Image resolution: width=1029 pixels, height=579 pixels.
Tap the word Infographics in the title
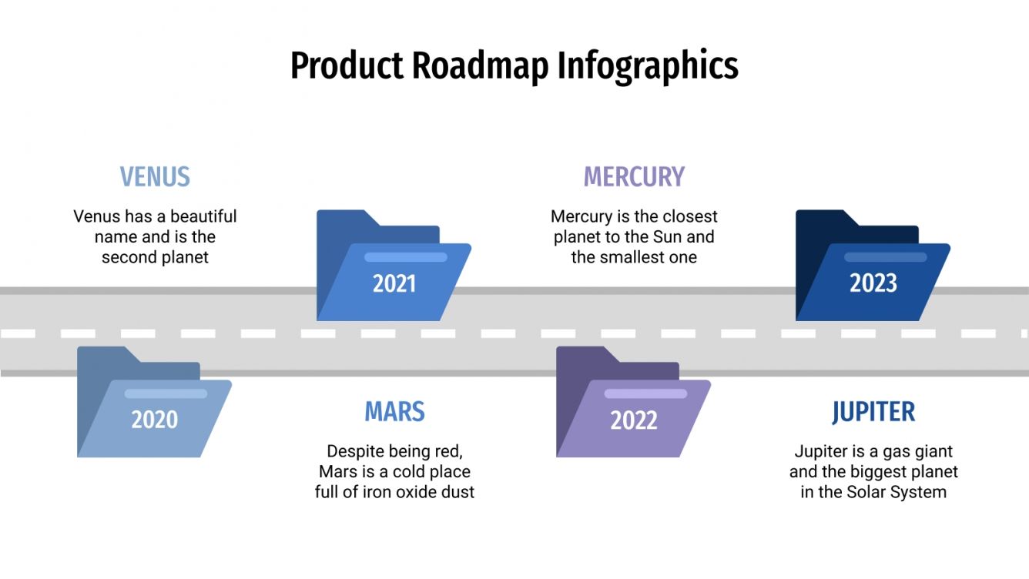[648, 65]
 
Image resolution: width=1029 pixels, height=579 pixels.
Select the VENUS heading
[155, 177]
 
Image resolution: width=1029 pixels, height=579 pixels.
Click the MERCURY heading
[634, 177]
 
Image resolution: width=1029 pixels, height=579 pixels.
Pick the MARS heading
[394, 412]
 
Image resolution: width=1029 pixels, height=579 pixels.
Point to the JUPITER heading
[873, 412]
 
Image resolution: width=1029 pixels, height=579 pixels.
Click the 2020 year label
[154, 420]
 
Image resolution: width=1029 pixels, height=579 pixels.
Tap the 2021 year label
[394, 284]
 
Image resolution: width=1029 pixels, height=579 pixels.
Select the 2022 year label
[634, 420]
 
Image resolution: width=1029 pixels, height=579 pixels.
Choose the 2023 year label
[873, 284]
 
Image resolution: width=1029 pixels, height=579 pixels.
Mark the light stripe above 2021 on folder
[405, 257]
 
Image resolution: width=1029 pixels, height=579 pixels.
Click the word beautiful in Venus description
[203, 216]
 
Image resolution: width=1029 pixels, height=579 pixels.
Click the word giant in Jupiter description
[931, 451]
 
